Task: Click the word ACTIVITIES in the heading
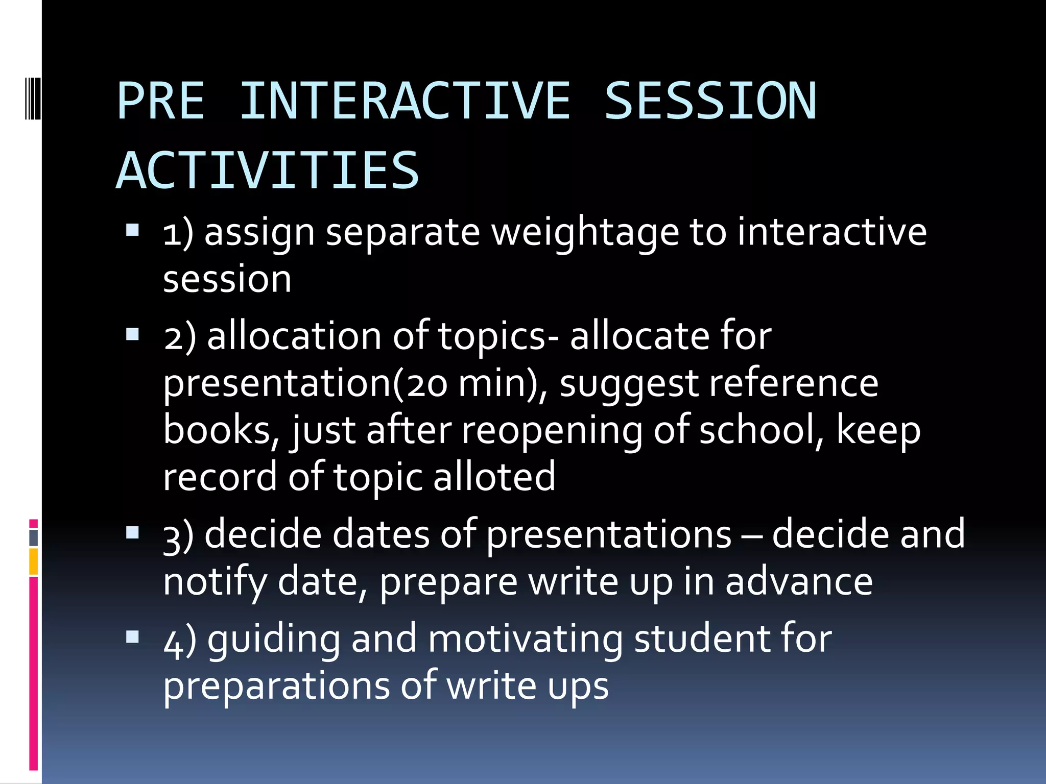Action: click(268, 170)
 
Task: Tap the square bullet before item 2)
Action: click(132, 334)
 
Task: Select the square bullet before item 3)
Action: click(132, 533)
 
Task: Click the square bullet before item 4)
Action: click(132, 636)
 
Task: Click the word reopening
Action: click(552, 430)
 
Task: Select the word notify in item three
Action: click(215, 582)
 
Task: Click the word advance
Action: click(799, 581)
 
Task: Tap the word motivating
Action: click(525, 639)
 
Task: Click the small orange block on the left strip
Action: click(33, 561)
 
